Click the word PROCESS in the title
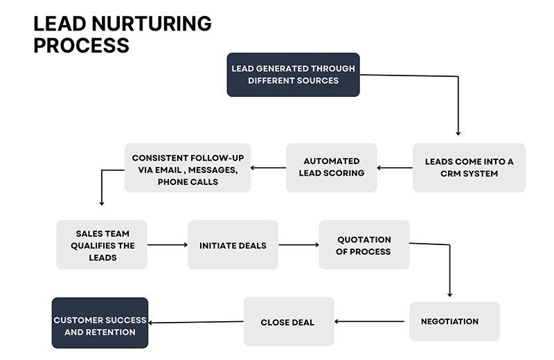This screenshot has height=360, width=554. (81, 46)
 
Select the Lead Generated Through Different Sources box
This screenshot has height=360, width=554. (294, 75)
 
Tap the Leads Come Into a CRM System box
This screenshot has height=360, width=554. (469, 168)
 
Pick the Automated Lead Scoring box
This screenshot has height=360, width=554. (332, 168)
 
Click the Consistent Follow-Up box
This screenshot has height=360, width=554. (187, 168)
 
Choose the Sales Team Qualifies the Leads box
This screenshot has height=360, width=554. (102, 244)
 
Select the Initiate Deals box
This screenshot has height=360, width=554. (233, 245)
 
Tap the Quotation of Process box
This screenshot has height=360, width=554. (364, 245)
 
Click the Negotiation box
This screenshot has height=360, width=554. (454, 321)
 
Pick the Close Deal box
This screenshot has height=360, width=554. (289, 322)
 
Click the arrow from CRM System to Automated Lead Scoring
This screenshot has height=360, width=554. (395, 168)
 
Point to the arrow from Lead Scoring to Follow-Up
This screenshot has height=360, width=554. (268, 168)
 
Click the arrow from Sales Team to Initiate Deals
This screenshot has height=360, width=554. (167, 244)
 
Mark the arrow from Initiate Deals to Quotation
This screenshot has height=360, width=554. (298, 244)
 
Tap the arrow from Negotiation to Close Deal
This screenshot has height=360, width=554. (371, 321)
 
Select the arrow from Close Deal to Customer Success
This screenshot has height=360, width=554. (196, 322)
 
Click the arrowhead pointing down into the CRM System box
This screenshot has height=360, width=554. (458, 132)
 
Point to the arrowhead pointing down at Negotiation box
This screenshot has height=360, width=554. (450, 294)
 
